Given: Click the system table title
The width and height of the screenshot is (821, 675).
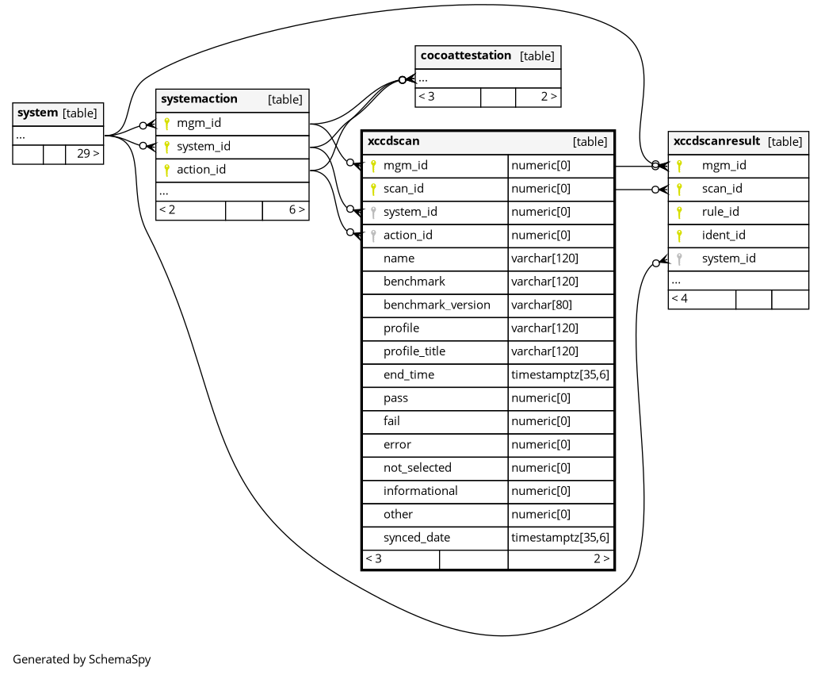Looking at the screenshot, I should (37, 113).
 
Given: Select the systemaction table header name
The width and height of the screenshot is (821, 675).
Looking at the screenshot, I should (199, 99).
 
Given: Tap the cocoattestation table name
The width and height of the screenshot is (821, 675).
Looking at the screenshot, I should (465, 56).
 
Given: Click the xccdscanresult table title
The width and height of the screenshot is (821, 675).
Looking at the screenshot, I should (716, 141).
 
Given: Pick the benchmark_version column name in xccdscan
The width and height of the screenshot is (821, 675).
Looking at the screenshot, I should (437, 305).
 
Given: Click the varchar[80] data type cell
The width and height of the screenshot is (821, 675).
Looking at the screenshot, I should (541, 305).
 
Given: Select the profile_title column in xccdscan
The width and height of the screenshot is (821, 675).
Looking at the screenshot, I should (414, 351).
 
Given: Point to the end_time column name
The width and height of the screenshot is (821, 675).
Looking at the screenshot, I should (409, 374).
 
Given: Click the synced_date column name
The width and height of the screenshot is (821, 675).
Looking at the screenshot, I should (417, 538).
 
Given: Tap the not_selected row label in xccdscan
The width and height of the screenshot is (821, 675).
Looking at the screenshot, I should (418, 468).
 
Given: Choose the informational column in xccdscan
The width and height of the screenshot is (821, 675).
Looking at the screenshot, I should (421, 491).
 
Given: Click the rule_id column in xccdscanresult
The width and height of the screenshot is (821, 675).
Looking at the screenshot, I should (720, 212).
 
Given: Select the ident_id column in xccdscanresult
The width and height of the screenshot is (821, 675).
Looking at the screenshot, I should (724, 235).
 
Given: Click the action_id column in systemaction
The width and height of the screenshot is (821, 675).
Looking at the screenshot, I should (201, 170).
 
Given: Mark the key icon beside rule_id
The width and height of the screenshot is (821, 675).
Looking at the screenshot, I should (679, 212).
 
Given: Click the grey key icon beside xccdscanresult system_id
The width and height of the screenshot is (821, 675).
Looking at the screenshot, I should (679, 259).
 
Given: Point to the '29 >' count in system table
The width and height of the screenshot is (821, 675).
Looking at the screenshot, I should (88, 154).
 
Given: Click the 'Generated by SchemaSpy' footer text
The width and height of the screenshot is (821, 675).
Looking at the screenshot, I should (82, 659).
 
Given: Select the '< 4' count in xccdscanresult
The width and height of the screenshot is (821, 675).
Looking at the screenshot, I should (680, 299).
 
